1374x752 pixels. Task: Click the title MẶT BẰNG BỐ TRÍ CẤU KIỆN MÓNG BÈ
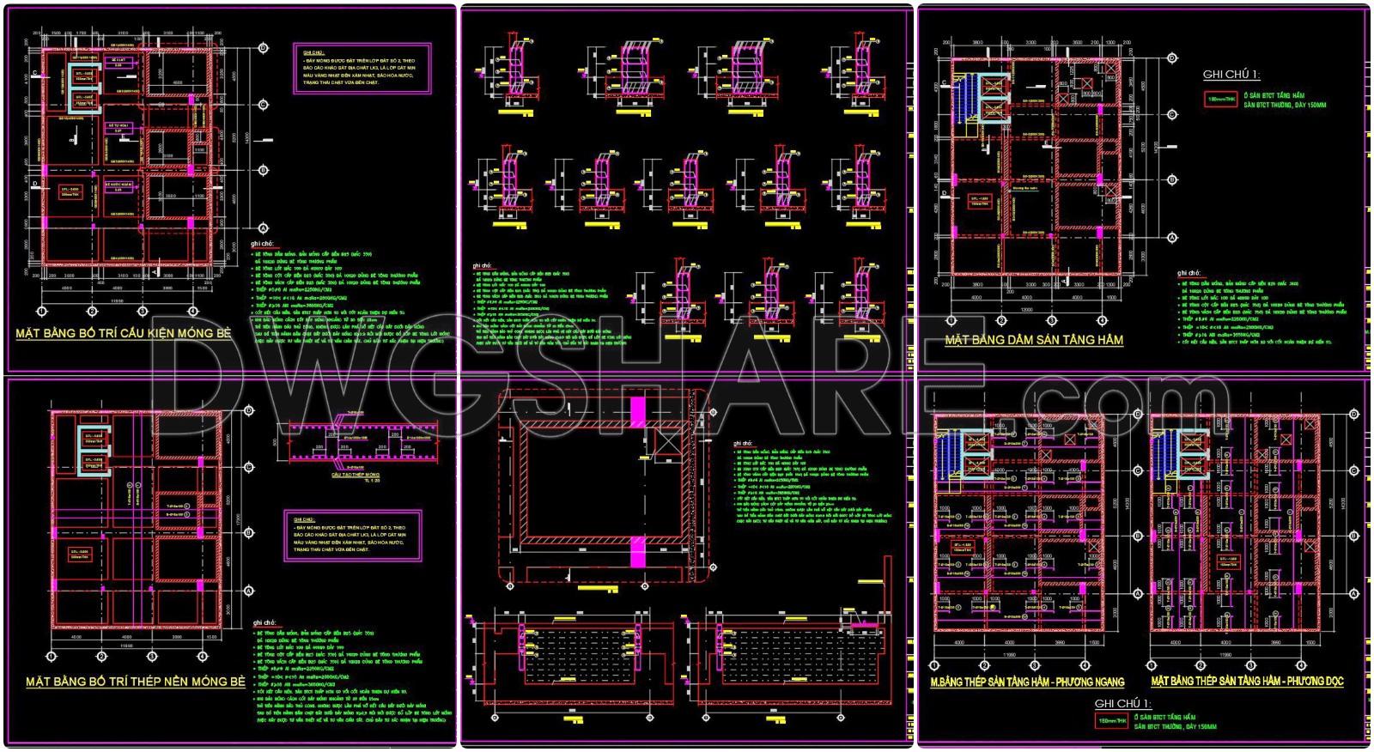pos(124,333)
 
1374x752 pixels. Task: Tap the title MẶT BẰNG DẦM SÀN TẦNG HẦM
pos(1034,340)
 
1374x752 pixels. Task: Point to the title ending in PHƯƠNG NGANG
pos(1027,682)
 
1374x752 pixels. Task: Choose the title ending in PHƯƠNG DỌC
pos(1247,682)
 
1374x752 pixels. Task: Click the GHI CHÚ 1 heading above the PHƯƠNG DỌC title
pos(1122,702)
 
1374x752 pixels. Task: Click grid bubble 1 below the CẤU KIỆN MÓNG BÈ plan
pos(41,310)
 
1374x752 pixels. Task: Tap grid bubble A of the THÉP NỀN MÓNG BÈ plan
pos(249,591)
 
